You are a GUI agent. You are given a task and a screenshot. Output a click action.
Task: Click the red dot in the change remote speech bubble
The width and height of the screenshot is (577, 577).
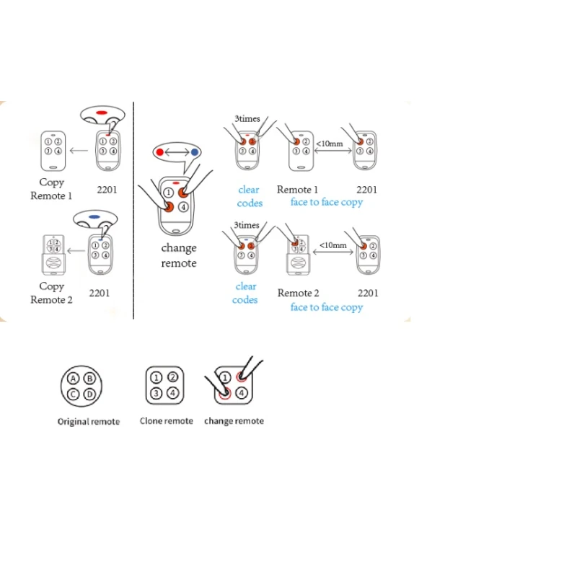point(159,152)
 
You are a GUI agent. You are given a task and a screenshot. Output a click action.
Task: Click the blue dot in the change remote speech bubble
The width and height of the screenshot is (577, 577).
point(195,152)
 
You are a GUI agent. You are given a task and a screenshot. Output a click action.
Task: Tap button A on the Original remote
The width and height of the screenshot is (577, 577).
point(74,378)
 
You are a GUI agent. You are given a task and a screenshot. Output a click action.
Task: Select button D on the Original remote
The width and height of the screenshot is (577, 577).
point(89,394)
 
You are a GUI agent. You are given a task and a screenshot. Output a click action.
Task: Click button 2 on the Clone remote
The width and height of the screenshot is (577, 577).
point(172,377)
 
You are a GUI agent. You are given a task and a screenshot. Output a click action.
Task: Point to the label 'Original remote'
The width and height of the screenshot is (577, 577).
point(89,422)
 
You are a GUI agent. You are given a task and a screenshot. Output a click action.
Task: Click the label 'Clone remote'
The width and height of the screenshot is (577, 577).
point(167,421)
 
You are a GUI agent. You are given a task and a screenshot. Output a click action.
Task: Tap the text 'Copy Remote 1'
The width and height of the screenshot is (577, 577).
point(51,189)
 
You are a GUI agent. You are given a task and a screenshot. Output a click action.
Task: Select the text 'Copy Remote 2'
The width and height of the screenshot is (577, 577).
point(51,293)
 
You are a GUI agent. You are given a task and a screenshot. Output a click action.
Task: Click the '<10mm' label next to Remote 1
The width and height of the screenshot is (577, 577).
point(330,144)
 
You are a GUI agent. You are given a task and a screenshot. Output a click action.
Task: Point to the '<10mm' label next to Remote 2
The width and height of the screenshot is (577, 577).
point(333,245)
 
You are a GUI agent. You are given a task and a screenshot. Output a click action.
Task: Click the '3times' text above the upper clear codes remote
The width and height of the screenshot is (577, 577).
point(247,118)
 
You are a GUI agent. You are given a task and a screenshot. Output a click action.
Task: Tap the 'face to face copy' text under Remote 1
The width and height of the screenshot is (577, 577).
point(327,202)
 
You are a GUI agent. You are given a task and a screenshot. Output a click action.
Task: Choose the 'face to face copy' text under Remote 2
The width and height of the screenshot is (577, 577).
point(327,307)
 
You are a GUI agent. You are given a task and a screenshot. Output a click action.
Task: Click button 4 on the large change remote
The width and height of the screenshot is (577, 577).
point(183,207)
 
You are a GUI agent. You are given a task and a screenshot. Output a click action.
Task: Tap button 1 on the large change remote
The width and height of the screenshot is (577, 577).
point(169,193)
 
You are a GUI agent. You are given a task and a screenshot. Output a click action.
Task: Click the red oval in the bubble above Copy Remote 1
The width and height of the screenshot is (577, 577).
point(102,113)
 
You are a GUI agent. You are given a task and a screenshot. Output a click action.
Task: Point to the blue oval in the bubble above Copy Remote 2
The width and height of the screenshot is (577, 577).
point(94,217)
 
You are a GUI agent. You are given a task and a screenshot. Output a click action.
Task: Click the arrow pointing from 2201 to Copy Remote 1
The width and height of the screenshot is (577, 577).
point(79,150)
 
